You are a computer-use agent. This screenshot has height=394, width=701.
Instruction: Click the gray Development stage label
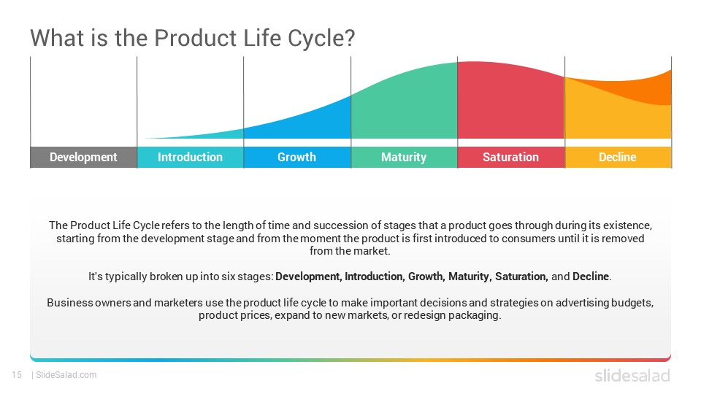point(83,158)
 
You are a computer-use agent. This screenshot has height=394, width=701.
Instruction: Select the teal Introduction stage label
point(190,158)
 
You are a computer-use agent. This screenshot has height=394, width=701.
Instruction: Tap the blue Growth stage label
point(297,158)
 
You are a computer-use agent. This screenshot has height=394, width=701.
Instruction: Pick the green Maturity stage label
point(404,158)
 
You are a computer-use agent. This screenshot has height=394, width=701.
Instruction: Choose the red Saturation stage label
point(510,158)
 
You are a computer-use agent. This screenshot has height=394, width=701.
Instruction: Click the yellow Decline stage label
point(618,158)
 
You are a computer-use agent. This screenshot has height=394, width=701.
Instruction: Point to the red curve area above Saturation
point(510,103)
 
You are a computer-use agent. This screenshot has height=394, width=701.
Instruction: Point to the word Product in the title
point(195,38)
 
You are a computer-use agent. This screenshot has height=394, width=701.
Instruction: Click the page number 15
point(17,375)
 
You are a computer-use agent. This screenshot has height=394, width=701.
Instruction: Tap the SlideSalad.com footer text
point(66,375)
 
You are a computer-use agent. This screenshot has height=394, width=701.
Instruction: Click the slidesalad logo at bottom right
point(632,375)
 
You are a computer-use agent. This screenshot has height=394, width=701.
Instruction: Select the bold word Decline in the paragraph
point(591,277)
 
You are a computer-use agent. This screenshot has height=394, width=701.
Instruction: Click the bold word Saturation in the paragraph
point(521,277)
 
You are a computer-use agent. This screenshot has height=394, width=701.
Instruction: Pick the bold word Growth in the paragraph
point(426,277)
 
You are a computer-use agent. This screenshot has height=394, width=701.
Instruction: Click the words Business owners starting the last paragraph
point(88,303)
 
